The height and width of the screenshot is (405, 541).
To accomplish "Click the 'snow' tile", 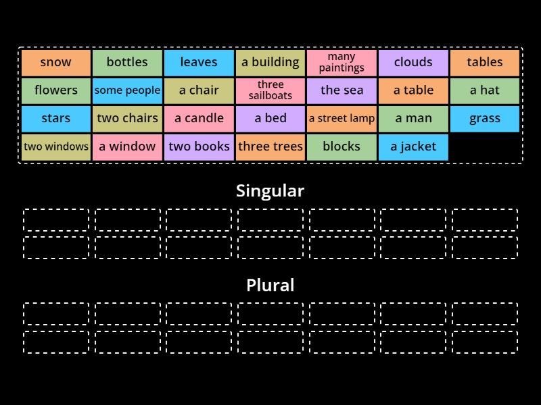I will pos(55,62).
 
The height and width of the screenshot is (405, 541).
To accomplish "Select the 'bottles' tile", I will pos(127,62).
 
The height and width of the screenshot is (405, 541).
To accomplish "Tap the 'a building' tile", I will pos(270,62).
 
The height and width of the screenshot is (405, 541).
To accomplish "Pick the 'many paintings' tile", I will pos(342,62).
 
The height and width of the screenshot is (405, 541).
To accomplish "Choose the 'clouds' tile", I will pos(413,62).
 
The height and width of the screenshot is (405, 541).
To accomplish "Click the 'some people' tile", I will pos(127,90).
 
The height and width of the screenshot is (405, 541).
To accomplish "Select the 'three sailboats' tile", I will pos(270,90).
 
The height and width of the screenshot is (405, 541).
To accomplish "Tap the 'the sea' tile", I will pos(342,90).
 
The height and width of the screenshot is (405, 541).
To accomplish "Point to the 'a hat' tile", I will pos(484,90).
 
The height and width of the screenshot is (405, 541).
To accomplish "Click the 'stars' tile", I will pos(55,119).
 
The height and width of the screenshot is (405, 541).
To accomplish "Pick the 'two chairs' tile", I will pos(127,119).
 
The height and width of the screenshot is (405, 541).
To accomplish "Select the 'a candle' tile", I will pos(199,119).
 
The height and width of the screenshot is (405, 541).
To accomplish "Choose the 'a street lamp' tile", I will pos(342,119).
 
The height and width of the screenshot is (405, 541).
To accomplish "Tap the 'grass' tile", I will pos(484,119).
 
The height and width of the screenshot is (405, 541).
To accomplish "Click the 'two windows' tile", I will pos(55,146).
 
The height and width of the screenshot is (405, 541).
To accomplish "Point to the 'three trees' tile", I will pos(270,146).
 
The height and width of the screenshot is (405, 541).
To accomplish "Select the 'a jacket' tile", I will pos(413,146).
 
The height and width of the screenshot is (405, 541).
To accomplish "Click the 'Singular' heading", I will pos(270,191).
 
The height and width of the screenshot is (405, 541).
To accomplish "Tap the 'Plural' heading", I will pos(270,286).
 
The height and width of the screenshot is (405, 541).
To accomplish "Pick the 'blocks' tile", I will pos(342,146).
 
